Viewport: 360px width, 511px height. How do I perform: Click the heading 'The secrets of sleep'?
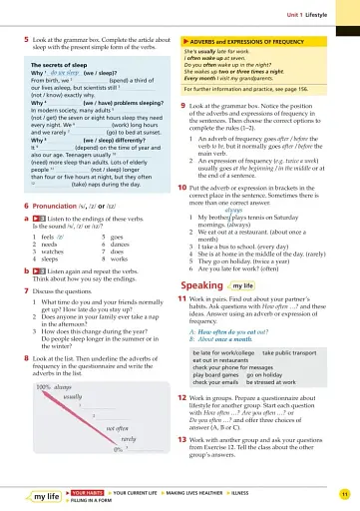tap(62, 63)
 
